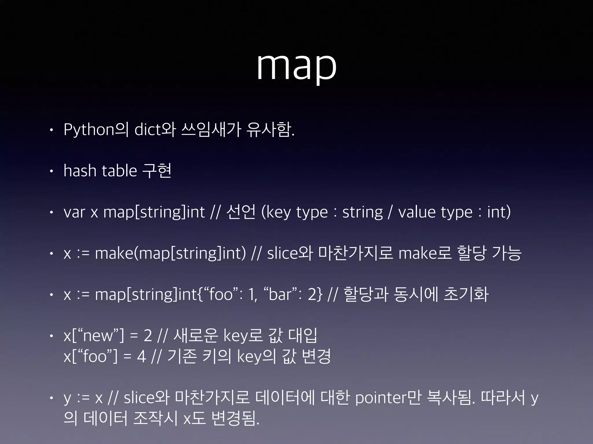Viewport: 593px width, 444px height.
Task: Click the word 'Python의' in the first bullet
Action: [96, 129]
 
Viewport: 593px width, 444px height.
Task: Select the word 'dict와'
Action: [155, 129]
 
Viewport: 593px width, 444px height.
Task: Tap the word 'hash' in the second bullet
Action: [80, 171]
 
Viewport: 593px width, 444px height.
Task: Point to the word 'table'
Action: [119, 171]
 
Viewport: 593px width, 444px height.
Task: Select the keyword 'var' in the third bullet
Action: [74, 212]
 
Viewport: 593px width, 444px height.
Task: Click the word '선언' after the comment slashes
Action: [241, 212]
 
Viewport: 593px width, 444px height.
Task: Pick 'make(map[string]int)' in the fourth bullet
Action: [171, 253]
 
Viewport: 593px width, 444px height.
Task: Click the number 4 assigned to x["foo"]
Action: [141, 356]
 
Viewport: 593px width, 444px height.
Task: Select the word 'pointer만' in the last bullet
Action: [388, 398]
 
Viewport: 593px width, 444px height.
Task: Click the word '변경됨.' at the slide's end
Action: [235, 418]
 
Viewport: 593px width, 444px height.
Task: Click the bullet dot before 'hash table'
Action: [51, 171]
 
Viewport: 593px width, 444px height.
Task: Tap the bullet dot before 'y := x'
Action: [51, 398]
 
